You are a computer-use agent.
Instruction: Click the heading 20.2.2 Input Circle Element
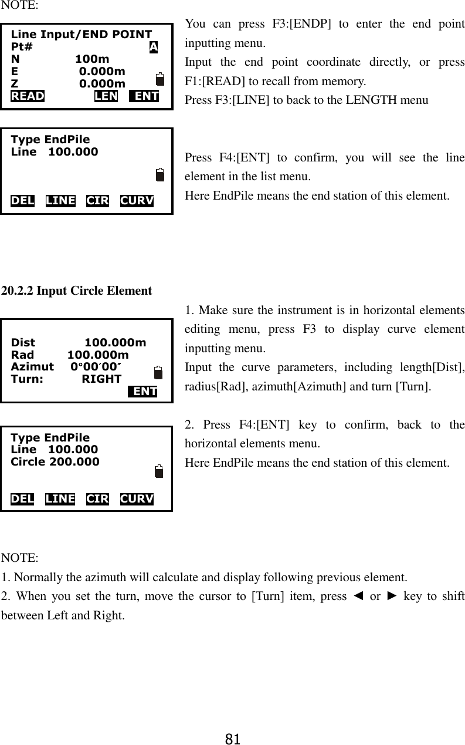(x=77, y=291)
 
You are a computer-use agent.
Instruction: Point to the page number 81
(x=233, y=738)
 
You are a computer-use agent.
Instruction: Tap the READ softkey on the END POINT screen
(x=28, y=96)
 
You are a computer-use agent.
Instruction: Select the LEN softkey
(x=106, y=96)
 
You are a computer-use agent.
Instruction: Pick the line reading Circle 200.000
(x=55, y=461)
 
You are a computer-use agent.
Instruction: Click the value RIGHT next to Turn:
(x=101, y=379)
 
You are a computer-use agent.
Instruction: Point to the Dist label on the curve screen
(x=23, y=343)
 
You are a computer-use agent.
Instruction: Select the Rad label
(x=23, y=355)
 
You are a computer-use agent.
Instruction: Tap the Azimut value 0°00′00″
(x=96, y=367)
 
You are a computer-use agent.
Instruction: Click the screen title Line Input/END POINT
(x=82, y=35)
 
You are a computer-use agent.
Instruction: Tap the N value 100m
(x=92, y=59)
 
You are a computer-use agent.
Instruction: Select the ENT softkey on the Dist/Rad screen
(x=143, y=392)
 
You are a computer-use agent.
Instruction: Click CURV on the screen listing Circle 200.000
(x=137, y=499)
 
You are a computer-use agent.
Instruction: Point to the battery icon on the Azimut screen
(x=158, y=373)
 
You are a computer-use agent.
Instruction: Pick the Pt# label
(x=22, y=47)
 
